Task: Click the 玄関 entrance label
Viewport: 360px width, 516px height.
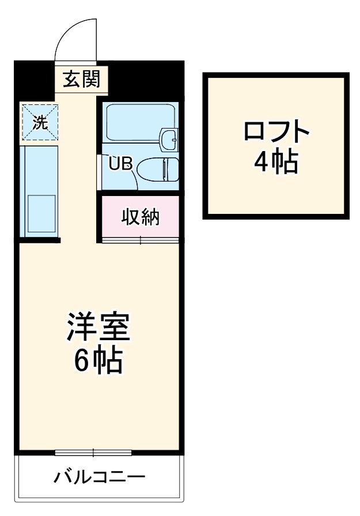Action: [81, 80]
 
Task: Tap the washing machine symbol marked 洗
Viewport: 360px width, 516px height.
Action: [40, 121]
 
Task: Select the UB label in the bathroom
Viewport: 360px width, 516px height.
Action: [121, 164]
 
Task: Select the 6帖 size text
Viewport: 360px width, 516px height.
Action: [97, 361]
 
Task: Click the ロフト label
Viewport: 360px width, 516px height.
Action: [276, 133]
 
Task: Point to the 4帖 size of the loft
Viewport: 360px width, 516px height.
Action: [276, 163]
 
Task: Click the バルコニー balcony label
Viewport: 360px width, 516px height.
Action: [100, 477]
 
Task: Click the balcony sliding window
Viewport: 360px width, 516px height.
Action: [93, 453]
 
